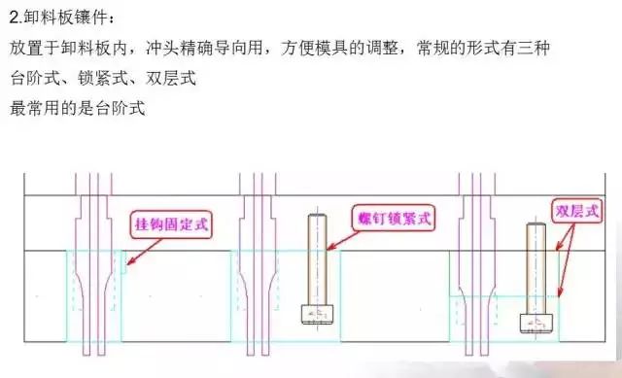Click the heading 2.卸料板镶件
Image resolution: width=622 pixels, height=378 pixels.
coord(59,17)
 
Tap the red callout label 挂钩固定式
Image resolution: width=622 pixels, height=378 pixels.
coord(170,226)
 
